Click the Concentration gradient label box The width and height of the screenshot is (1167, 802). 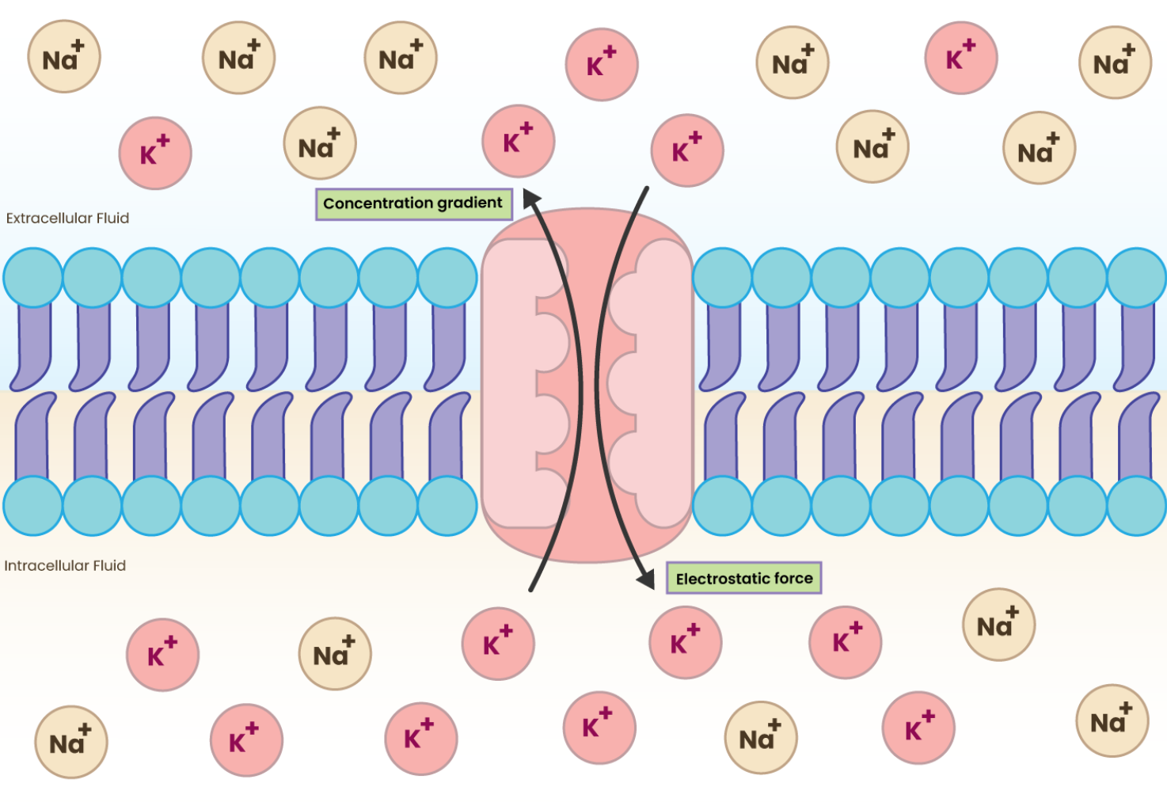413,203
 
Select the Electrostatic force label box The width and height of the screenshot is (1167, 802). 743,579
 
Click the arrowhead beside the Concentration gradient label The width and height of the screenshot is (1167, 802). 530,196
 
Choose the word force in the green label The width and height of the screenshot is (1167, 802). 793,579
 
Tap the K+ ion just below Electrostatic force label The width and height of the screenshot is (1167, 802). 686,643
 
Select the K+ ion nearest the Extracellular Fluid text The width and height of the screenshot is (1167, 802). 155,154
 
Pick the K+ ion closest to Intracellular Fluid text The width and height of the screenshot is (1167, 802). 162,655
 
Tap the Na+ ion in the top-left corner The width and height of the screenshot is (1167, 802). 63,57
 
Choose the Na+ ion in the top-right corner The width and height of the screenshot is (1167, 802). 1115,63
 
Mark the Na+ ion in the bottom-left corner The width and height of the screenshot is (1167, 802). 71,742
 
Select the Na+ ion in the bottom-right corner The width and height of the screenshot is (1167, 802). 1112,720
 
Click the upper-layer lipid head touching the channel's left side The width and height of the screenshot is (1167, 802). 447,277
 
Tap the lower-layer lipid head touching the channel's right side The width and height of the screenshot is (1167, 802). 722,506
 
